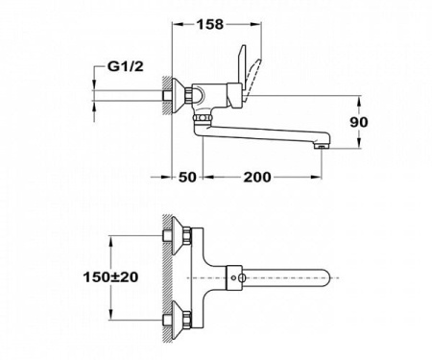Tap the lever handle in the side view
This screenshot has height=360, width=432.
246,78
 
